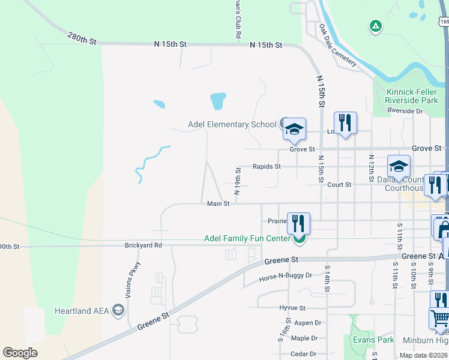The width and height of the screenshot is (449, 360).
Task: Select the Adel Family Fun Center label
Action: [247, 238]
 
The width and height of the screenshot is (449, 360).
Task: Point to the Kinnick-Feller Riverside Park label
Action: [411, 95]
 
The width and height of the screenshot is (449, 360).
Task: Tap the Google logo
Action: [20, 353]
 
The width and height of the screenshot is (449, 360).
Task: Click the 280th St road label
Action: [82, 38]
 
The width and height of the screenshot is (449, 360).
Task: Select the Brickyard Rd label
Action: [143, 245]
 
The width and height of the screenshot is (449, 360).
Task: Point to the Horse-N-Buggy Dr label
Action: [286, 276]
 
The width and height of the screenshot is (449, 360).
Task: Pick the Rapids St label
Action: [267, 166]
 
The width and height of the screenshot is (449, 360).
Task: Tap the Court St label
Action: [339, 185]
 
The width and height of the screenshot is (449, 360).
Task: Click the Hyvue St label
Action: [292, 308]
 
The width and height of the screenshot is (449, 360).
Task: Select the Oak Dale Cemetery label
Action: [337, 45]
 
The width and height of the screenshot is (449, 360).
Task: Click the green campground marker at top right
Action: [376, 26]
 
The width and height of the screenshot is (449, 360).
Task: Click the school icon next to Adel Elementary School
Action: [294, 128]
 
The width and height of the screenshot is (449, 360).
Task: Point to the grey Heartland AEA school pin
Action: [118, 310]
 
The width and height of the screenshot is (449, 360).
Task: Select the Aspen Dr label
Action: [308, 323]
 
